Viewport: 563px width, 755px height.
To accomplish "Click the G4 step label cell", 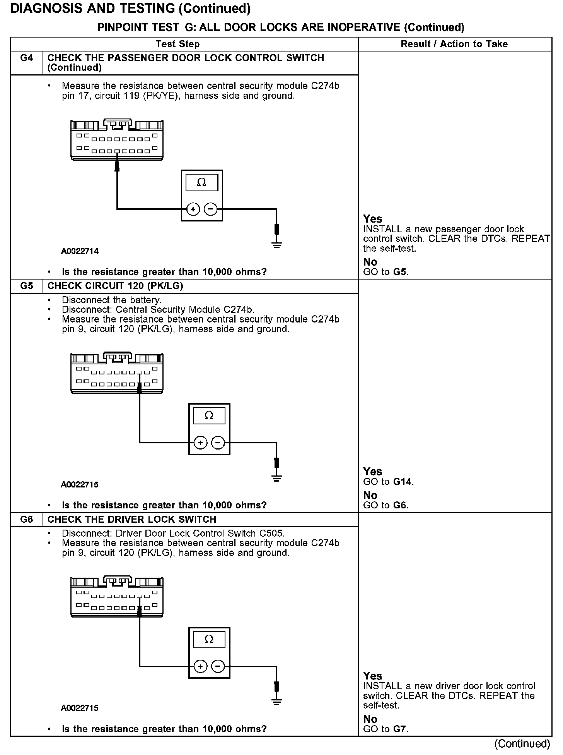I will (27, 58).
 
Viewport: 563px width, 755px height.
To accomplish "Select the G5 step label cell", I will (27, 286).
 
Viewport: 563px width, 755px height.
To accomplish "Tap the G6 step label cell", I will (27, 519).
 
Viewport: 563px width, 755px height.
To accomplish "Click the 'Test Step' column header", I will (178, 44).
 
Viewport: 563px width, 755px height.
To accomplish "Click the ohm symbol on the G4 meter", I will (201, 182).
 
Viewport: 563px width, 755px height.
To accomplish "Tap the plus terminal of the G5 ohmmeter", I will (200, 442).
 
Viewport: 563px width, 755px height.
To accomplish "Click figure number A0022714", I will (80, 251).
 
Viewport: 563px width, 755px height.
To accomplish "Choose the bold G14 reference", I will (403, 482).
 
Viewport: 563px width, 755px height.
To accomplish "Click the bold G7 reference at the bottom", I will (400, 729).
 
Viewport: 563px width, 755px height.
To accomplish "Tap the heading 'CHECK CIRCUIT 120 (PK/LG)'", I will (115, 286).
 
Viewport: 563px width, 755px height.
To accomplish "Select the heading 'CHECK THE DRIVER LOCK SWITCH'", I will (132, 519).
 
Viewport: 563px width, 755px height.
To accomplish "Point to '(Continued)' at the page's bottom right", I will (522, 743).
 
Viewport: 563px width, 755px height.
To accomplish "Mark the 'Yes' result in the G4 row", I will (372, 219).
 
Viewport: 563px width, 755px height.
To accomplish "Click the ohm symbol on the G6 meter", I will (209, 639).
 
